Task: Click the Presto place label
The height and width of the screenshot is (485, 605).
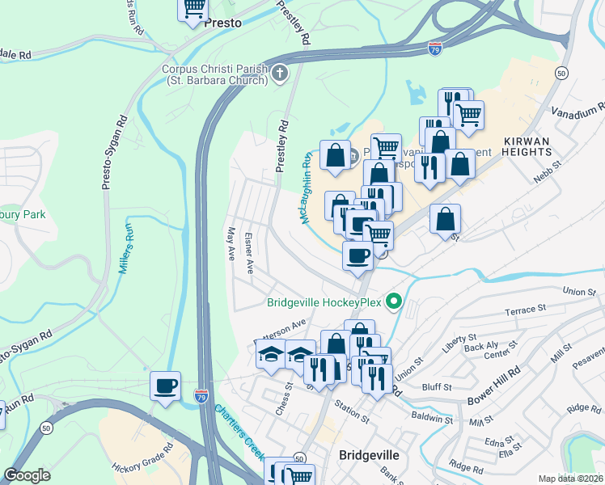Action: pos(222,23)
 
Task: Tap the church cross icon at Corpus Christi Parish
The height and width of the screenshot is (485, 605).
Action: pos(280,74)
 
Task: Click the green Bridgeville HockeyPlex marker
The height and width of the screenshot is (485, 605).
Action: pos(394,302)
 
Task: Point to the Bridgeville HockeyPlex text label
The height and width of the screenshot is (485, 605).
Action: pos(324,304)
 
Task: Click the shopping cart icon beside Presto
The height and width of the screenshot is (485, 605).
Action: pos(193,9)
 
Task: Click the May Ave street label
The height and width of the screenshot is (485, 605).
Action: pos(231,242)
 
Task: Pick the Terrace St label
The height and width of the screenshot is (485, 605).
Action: pos(520,310)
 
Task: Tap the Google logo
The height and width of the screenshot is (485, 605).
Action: pos(27,474)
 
